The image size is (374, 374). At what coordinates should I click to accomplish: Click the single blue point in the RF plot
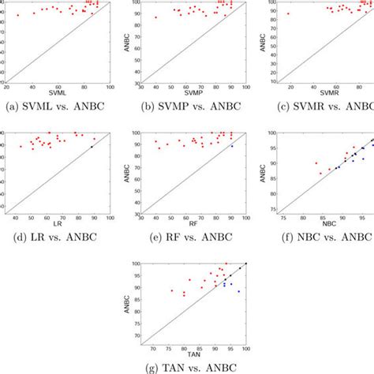coord(232,146)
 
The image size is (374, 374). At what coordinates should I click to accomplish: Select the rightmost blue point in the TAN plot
coord(238,291)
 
